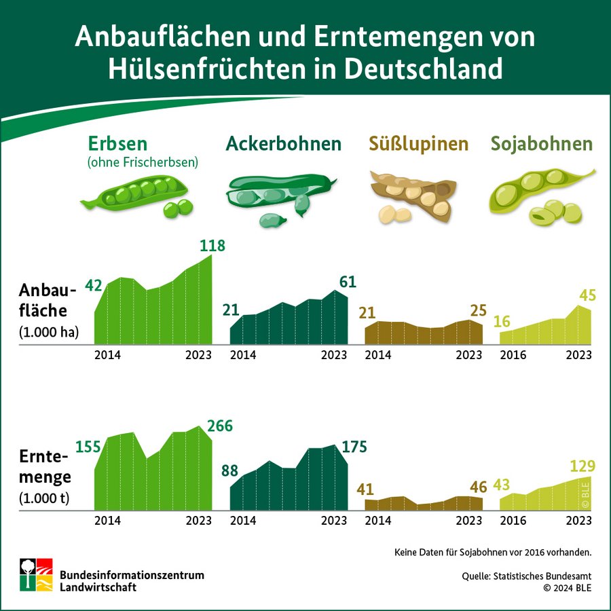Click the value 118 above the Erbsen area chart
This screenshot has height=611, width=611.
point(212,246)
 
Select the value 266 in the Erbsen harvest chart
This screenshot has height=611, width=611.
point(219,426)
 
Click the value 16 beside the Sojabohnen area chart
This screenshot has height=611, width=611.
point(502,321)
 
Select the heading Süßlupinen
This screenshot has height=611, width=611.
point(419,144)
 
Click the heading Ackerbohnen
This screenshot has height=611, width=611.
point(284,144)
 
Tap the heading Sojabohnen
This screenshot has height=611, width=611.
point(542,144)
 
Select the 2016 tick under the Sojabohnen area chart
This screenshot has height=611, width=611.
point(513,355)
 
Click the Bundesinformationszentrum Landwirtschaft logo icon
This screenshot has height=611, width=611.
point(36,574)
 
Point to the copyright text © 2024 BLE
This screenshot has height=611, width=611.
point(567,588)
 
